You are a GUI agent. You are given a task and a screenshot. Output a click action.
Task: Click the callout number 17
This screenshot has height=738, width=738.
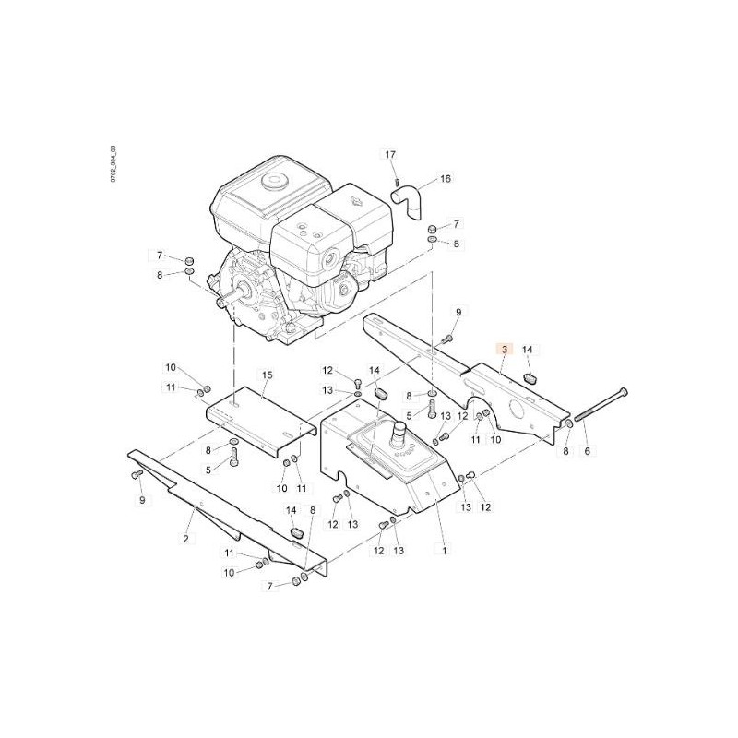click(x=390, y=154)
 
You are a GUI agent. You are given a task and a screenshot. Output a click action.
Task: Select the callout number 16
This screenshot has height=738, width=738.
click(x=446, y=178)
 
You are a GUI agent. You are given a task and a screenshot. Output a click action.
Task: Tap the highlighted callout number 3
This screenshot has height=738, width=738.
click(x=505, y=350)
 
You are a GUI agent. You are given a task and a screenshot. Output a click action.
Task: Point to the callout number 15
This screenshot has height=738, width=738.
click(x=267, y=375)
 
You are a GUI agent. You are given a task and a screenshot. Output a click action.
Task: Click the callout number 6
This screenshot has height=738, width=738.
click(x=587, y=451)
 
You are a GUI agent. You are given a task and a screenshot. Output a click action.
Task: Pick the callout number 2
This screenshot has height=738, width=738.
click(x=186, y=539)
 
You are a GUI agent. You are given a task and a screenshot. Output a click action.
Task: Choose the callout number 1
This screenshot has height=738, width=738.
click(x=444, y=549)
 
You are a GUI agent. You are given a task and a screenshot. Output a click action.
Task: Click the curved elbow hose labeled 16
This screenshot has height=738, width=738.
click(x=407, y=201)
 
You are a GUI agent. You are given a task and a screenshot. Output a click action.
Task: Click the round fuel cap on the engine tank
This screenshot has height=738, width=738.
click(x=275, y=182)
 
